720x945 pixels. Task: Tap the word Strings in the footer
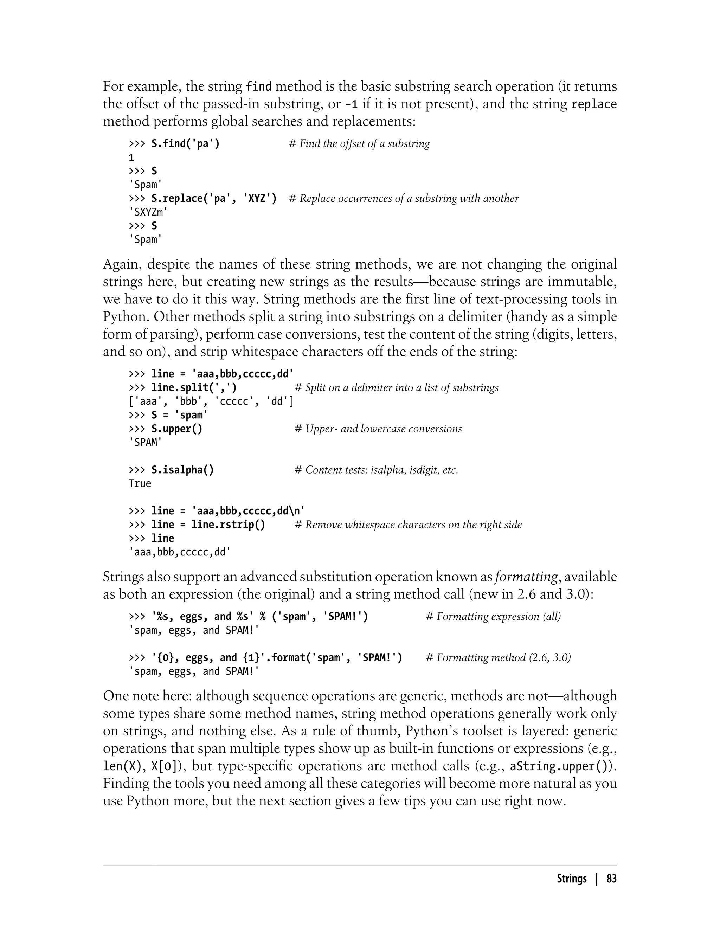[x=572, y=879]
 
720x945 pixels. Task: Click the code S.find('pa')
[x=185, y=143]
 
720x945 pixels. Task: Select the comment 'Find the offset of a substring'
[x=359, y=143]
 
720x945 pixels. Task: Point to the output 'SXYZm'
[x=148, y=212]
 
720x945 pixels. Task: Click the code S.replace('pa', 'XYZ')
[x=214, y=198]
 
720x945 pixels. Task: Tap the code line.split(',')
[x=194, y=388]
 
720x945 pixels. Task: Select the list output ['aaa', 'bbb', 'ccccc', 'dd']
[x=211, y=401]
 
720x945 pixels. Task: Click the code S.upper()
[x=176, y=429]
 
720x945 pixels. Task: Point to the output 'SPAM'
[x=145, y=443]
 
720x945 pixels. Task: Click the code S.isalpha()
[x=182, y=470]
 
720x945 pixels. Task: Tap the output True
[x=140, y=484]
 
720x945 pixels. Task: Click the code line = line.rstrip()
[x=208, y=525]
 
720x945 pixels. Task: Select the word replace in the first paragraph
[x=594, y=104]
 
